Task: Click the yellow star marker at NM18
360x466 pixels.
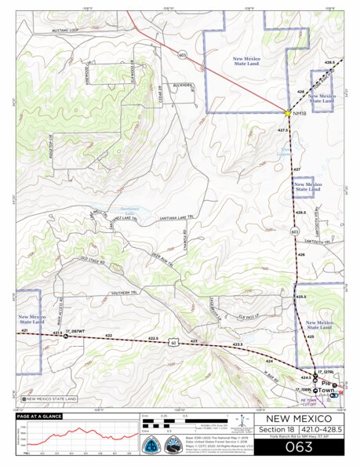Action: (288, 113)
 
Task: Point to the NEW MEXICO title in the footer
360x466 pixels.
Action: (299, 420)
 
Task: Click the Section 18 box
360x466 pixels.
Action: (276, 431)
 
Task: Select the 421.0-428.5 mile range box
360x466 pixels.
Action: (322, 431)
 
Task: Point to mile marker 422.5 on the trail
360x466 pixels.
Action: (153, 338)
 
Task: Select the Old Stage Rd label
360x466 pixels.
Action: (92, 260)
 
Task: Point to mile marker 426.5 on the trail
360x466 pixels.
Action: (300, 212)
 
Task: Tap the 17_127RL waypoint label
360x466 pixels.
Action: (325, 371)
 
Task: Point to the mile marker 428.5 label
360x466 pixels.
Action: (329, 62)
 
